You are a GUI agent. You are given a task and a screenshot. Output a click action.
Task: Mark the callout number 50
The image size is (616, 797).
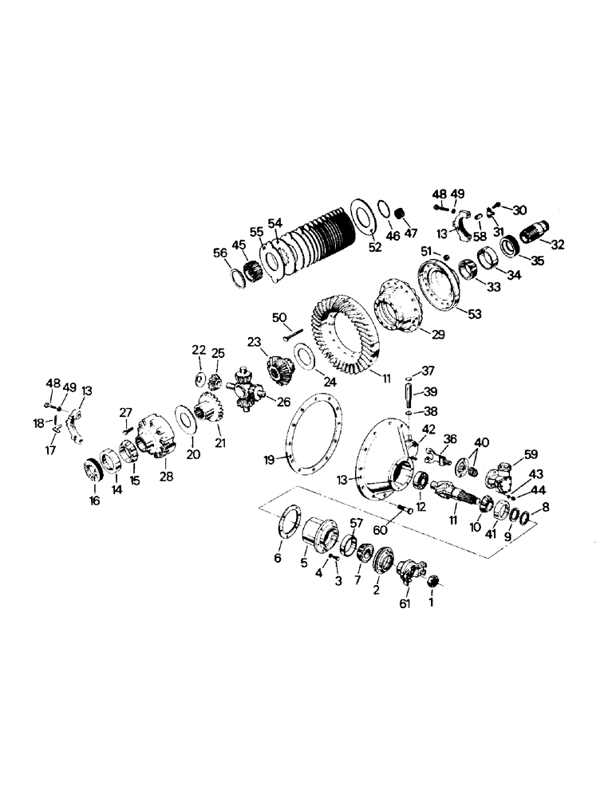pos(280,317)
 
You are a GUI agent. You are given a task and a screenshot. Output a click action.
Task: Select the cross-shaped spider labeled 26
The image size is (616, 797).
pos(250,392)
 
